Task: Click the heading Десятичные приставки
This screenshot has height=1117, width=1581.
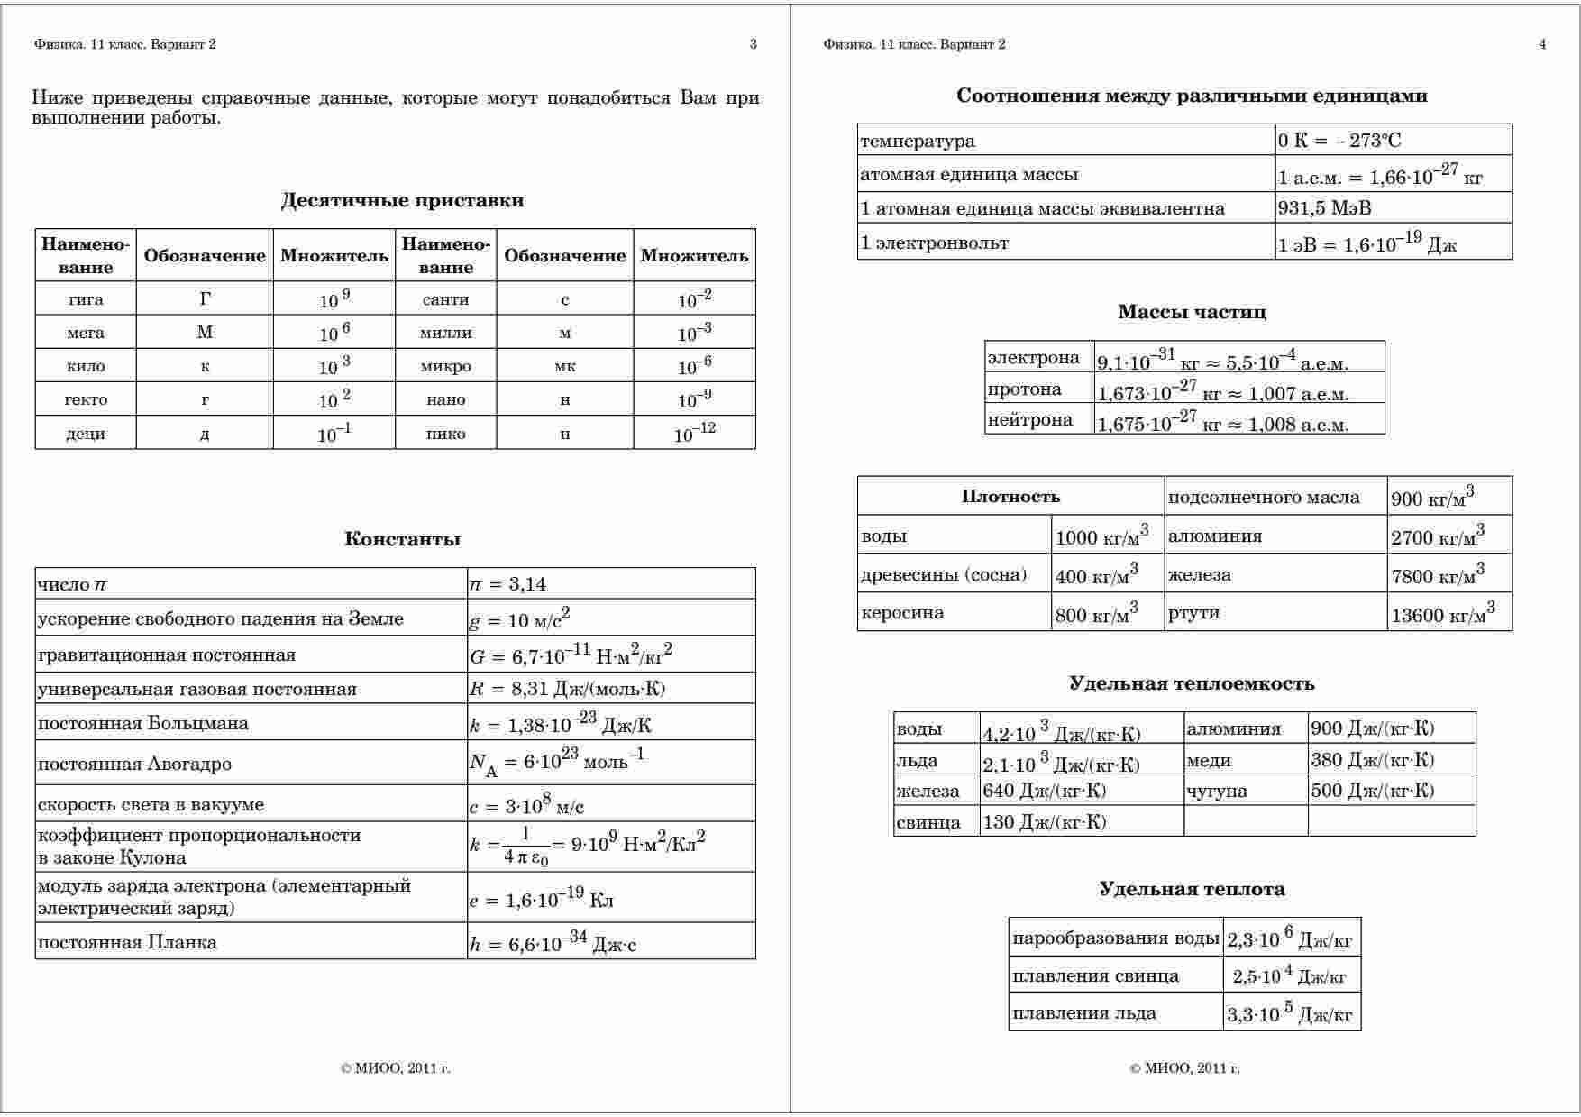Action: pyautogui.click(x=402, y=200)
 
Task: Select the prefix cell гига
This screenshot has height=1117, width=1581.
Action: pyautogui.click(x=86, y=299)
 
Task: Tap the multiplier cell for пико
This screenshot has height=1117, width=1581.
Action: pyautogui.click(x=694, y=434)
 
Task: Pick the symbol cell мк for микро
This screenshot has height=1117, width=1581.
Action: pyautogui.click(x=565, y=366)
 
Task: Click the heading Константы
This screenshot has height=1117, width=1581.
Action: pyautogui.click(x=402, y=539)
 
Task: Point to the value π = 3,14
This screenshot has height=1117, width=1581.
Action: pyautogui.click(x=507, y=584)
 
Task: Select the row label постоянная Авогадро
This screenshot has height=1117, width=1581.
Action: pyautogui.click(x=134, y=764)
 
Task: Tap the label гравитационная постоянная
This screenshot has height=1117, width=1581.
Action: pyautogui.click(x=167, y=655)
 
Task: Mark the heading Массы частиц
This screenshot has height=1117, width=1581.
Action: pyautogui.click(x=1192, y=312)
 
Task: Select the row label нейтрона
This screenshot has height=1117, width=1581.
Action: pyautogui.click(x=1029, y=419)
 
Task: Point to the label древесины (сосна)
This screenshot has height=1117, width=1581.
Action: pyautogui.click(x=943, y=574)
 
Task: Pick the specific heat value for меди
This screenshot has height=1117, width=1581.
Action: pyautogui.click(x=1372, y=759)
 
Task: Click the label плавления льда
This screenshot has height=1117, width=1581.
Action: pyautogui.click(x=1083, y=1012)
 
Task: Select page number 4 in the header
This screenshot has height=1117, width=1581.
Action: pyautogui.click(x=1542, y=44)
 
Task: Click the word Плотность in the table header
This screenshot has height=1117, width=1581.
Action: pyautogui.click(x=1010, y=496)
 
